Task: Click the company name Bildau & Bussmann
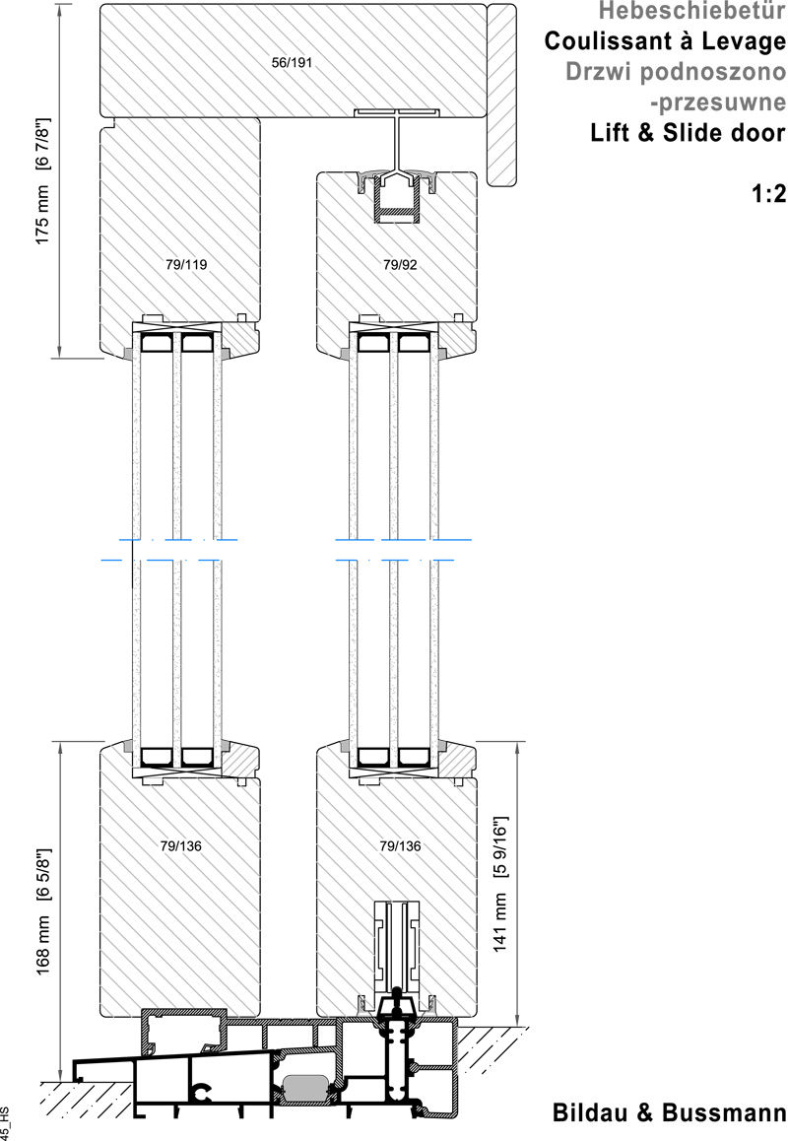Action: point(670,1113)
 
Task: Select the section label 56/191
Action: point(292,63)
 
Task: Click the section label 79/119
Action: point(180,264)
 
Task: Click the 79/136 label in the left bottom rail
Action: point(180,845)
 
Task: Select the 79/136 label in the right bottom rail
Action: point(399,845)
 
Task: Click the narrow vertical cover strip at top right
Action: point(502,94)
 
